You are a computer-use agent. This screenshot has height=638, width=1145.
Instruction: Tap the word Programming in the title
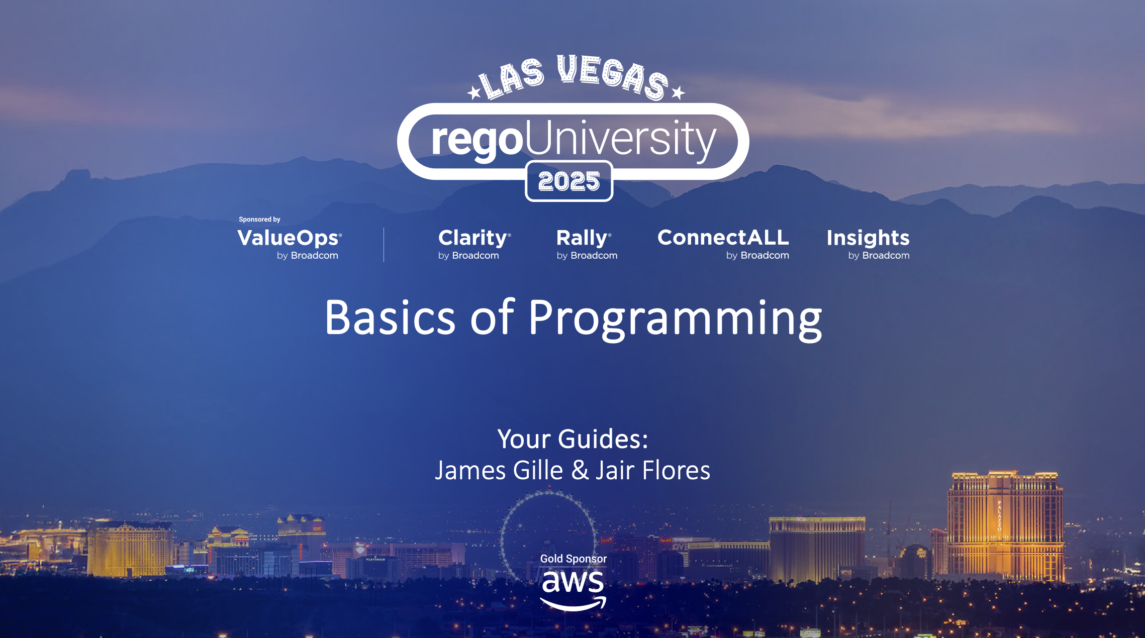pyautogui.click(x=676, y=320)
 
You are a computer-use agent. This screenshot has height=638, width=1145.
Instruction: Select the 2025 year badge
pyautogui.click(x=569, y=181)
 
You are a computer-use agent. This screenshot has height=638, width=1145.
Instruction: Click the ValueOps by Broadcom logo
pyautogui.click(x=290, y=244)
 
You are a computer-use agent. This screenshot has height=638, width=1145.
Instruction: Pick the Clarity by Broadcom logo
pyautogui.click(x=474, y=244)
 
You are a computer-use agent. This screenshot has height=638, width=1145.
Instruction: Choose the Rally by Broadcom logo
pyautogui.click(x=587, y=244)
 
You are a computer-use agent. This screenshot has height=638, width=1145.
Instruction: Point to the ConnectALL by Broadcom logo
pyautogui.click(x=723, y=244)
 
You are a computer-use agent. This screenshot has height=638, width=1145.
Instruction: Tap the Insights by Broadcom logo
pyautogui.click(x=868, y=244)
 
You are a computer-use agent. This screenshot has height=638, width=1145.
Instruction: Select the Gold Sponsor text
pyautogui.click(x=574, y=559)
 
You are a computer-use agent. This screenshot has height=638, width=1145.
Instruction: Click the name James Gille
pyautogui.click(x=499, y=471)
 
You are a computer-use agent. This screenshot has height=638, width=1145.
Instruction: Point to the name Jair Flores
pyautogui.click(x=653, y=471)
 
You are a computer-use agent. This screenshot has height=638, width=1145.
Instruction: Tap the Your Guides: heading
pyautogui.click(x=573, y=439)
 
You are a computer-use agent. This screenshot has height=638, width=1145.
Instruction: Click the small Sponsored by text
pyautogui.click(x=259, y=220)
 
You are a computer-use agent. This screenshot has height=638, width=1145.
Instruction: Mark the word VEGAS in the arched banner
pyautogui.click(x=613, y=77)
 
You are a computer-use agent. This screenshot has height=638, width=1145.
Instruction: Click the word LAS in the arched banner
pyautogui.click(x=511, y=78)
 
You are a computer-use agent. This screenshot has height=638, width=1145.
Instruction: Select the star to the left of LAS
pyautogui.click(x=474, y=92)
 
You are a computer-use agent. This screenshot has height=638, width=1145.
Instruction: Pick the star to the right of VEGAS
pyautogui.click(x=678, y=92)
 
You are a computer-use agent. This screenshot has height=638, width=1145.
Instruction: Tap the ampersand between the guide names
pyautogui.click(x=580, y=470)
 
